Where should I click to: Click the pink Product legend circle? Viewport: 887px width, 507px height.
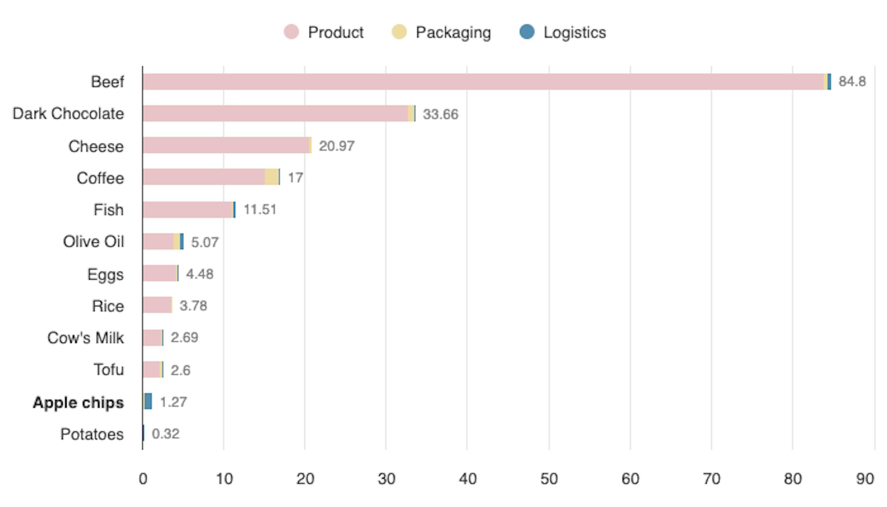(291, 32)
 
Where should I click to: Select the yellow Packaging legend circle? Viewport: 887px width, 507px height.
(399, 32)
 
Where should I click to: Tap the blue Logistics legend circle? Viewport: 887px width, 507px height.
(527, 32)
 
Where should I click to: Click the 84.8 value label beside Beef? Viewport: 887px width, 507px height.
(852, 81)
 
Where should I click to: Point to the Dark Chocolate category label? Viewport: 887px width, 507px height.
(68, 114)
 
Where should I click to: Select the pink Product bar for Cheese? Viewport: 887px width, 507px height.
(226, 145)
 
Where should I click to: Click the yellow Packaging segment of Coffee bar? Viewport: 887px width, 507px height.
(271, 177)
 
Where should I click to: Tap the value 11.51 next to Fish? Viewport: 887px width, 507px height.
(260, 210)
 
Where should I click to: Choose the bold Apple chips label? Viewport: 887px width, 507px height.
(78, 403)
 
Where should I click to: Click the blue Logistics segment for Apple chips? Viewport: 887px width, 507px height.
(148, 401)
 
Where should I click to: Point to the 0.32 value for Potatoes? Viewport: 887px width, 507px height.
(166, 434)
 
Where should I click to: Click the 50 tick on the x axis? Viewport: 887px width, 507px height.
(549, 479)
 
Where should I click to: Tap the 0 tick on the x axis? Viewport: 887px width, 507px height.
(143, 479)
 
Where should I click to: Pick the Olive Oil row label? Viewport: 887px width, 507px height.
(93, 242)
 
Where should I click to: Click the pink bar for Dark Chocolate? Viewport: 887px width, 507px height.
(275, 114)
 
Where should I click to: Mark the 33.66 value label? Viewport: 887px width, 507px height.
(440, 114)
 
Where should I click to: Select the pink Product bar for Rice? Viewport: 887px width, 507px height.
(157, 305)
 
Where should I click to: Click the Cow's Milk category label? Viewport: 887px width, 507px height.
(86, 338)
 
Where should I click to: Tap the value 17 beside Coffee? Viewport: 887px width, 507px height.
(295, 178)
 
